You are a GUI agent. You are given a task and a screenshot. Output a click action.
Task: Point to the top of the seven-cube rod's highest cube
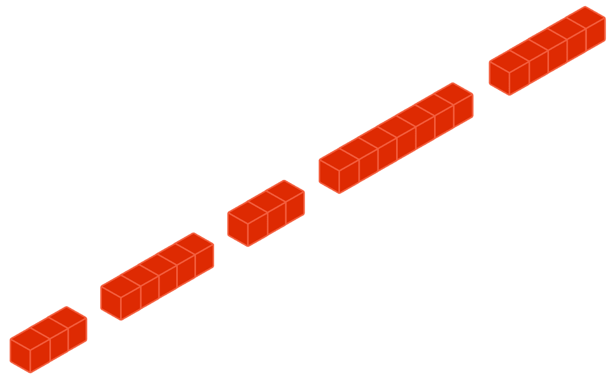point(453,94)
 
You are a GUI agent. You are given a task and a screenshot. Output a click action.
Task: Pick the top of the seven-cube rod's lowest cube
point(339,159)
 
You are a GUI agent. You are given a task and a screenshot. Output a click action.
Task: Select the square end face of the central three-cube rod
point(238,228)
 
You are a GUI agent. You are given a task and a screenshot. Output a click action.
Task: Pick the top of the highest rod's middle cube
point(547,39)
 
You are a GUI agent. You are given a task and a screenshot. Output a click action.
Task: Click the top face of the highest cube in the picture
point(585,18)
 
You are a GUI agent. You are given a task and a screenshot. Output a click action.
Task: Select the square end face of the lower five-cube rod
point(111,302)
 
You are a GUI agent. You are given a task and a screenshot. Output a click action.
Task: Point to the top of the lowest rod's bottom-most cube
point(30,339)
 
